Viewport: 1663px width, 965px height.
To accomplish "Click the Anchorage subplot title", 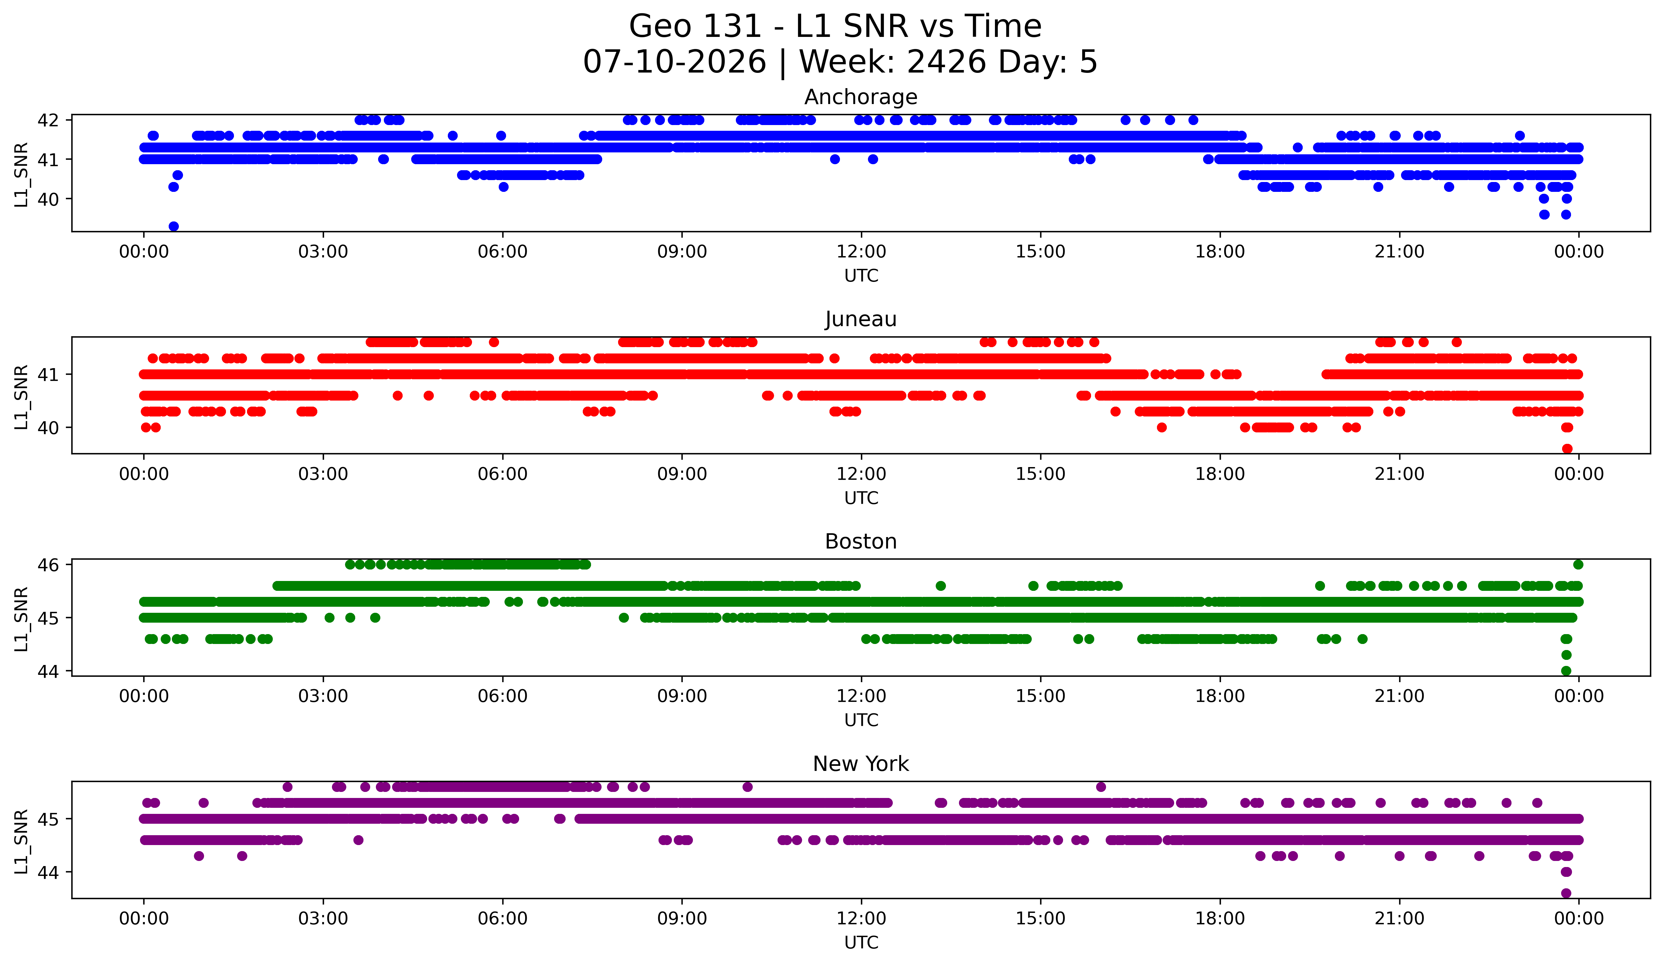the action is coord(861,97).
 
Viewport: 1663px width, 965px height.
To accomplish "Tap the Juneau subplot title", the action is coord(861,319).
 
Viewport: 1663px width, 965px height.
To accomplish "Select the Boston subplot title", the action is coord(861,542).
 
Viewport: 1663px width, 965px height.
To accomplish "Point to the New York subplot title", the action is coord(861,764).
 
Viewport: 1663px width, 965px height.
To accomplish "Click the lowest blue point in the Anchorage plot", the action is coord(173,226).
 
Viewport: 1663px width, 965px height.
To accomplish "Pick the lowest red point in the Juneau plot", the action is coord(1567,449).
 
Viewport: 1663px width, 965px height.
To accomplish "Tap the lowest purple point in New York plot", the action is coord(1566,893).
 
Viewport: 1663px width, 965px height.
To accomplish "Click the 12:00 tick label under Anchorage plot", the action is coord(861,251).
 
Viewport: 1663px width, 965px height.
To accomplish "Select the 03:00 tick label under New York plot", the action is coord(323,918).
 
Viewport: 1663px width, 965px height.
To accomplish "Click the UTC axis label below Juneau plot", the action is coord(861,498).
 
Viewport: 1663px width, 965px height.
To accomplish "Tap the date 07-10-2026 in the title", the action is coord(674,62).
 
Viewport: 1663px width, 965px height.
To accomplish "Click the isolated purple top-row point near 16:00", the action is coord(1101,787).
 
